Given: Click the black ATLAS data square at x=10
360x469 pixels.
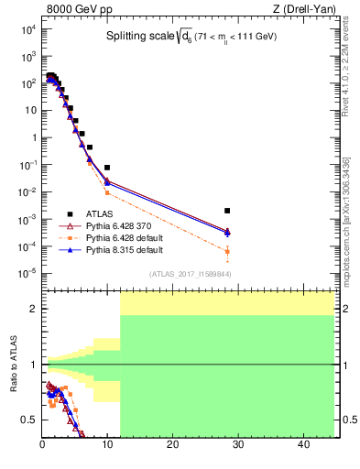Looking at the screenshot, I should pos(107,168).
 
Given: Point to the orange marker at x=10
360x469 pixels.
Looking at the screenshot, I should pos(107,192).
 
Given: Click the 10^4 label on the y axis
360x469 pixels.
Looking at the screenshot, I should pos(27,29).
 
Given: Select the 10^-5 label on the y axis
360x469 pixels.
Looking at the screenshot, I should pos(27,273).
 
